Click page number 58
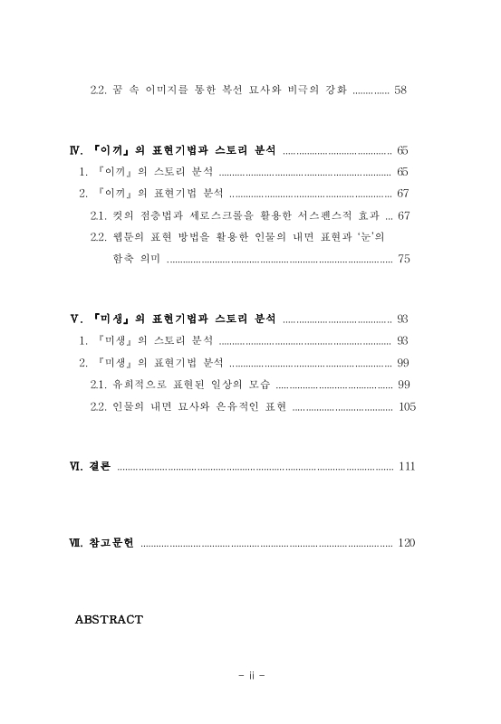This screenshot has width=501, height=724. [x=400, y=90]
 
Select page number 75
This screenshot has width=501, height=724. [x=404, y=259]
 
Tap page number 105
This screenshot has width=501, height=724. [x=407, y=407]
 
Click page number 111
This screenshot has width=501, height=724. [x=406, y=466]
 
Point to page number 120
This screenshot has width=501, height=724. [x=406, y=543]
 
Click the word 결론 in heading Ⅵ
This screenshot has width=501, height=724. [x=100, y=466]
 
